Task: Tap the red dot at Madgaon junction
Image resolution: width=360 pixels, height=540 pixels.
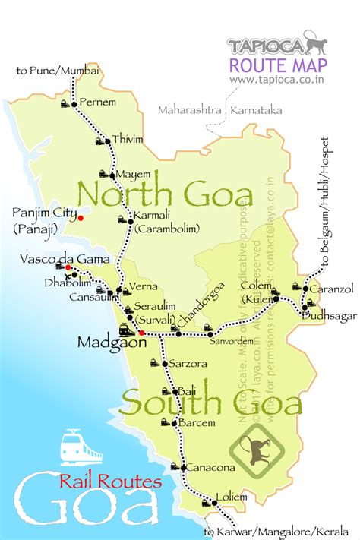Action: [142, 333]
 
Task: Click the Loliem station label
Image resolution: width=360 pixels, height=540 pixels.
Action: [232, 497]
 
